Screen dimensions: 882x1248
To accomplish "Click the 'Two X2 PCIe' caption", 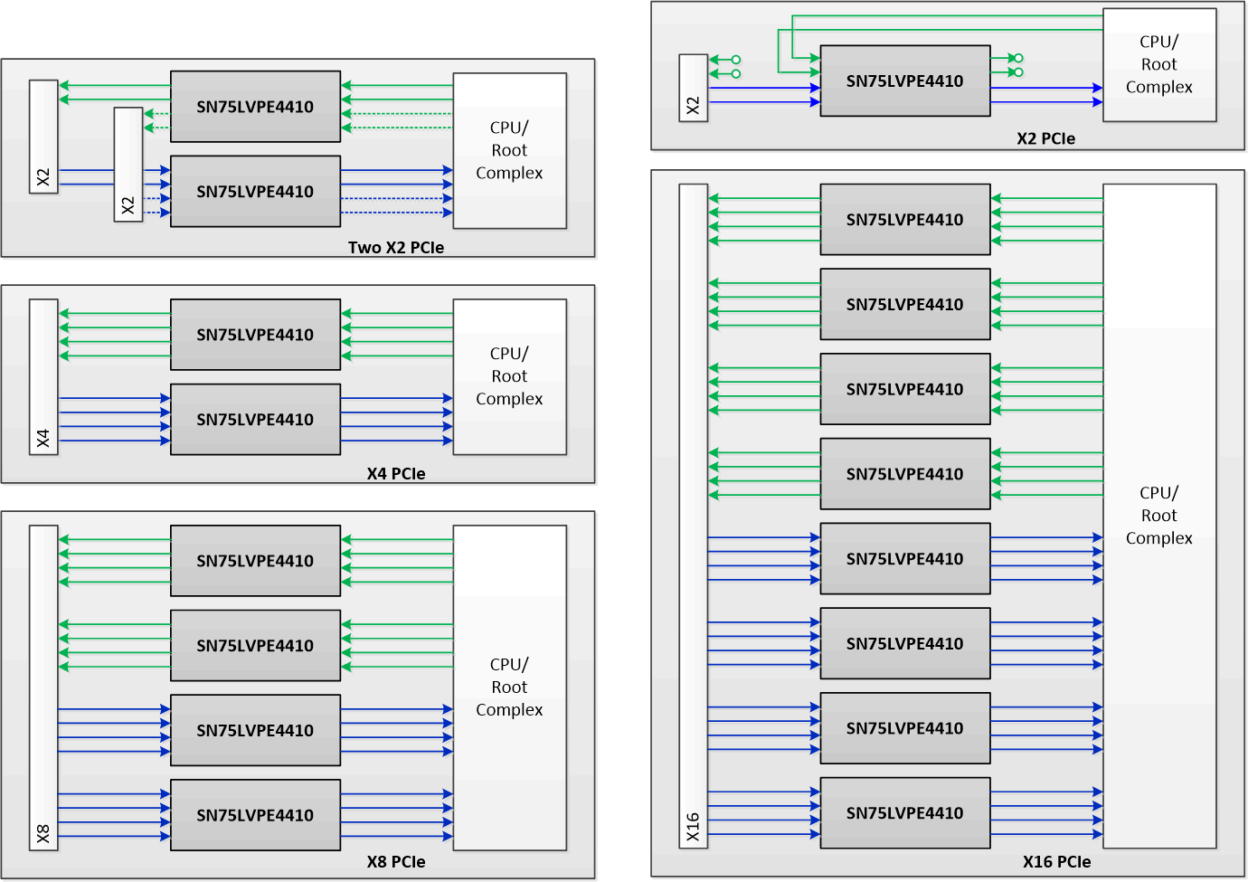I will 396,247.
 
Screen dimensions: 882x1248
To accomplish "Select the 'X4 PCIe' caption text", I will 396,473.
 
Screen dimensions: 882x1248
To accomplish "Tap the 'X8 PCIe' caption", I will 396,861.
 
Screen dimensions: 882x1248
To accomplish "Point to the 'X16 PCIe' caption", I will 1056,861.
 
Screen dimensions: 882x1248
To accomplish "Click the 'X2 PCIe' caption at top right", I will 1045,138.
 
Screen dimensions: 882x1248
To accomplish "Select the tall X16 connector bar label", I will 693,827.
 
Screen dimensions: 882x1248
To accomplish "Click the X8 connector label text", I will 43,833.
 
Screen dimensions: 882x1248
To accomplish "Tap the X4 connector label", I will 43,439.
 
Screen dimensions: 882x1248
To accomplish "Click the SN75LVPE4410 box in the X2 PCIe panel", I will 904,81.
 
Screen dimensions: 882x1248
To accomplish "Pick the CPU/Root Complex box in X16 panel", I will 1158,516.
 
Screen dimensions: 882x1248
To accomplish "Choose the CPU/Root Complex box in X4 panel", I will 509,376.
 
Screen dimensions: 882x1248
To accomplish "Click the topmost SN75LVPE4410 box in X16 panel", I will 904,220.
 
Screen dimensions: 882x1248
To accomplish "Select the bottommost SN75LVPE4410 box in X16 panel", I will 904,812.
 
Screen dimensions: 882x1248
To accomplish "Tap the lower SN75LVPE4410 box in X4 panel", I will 255,419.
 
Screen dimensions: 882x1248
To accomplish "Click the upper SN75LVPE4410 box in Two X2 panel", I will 255,107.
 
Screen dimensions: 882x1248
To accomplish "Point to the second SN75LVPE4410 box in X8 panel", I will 255,645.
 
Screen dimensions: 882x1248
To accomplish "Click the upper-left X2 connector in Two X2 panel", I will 43,136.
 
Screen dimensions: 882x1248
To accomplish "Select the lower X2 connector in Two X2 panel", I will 128,165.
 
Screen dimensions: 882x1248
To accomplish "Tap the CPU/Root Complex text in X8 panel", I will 509,688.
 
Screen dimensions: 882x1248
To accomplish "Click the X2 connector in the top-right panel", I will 693,88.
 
